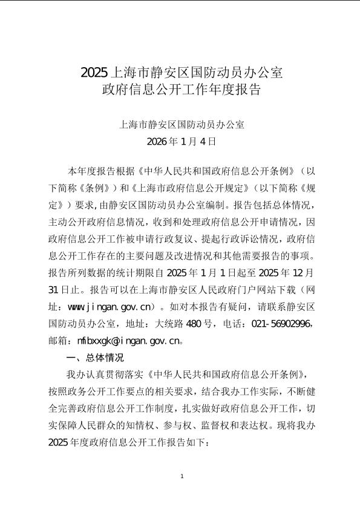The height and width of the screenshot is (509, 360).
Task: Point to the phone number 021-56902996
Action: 283,323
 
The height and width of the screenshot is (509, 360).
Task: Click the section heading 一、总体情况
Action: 79,357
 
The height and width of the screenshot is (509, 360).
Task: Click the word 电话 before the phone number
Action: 232,323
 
